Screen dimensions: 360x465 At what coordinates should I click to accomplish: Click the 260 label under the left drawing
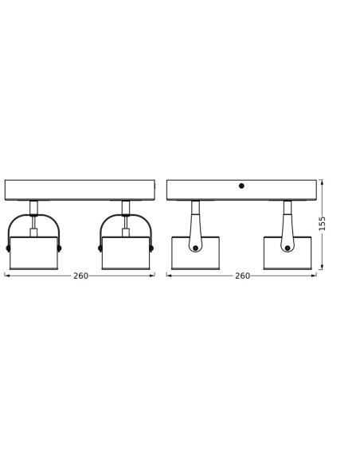(80, 275)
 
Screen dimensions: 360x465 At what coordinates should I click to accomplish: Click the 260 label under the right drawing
(243, 275)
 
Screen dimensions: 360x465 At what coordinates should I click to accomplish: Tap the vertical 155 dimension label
(322, 224)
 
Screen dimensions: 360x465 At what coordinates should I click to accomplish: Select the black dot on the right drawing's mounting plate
(241, 186)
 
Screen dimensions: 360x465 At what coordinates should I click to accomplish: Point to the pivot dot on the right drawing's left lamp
(195, 248)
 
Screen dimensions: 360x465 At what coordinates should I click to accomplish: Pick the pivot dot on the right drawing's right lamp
(288, 248)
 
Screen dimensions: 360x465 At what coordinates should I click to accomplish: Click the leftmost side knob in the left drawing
(8, 248)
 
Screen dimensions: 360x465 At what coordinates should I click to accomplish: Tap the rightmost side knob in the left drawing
(151, 248)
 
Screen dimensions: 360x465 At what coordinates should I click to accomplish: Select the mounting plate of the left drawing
(80, 190)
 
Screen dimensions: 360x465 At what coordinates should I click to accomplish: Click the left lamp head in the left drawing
(33, 253)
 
